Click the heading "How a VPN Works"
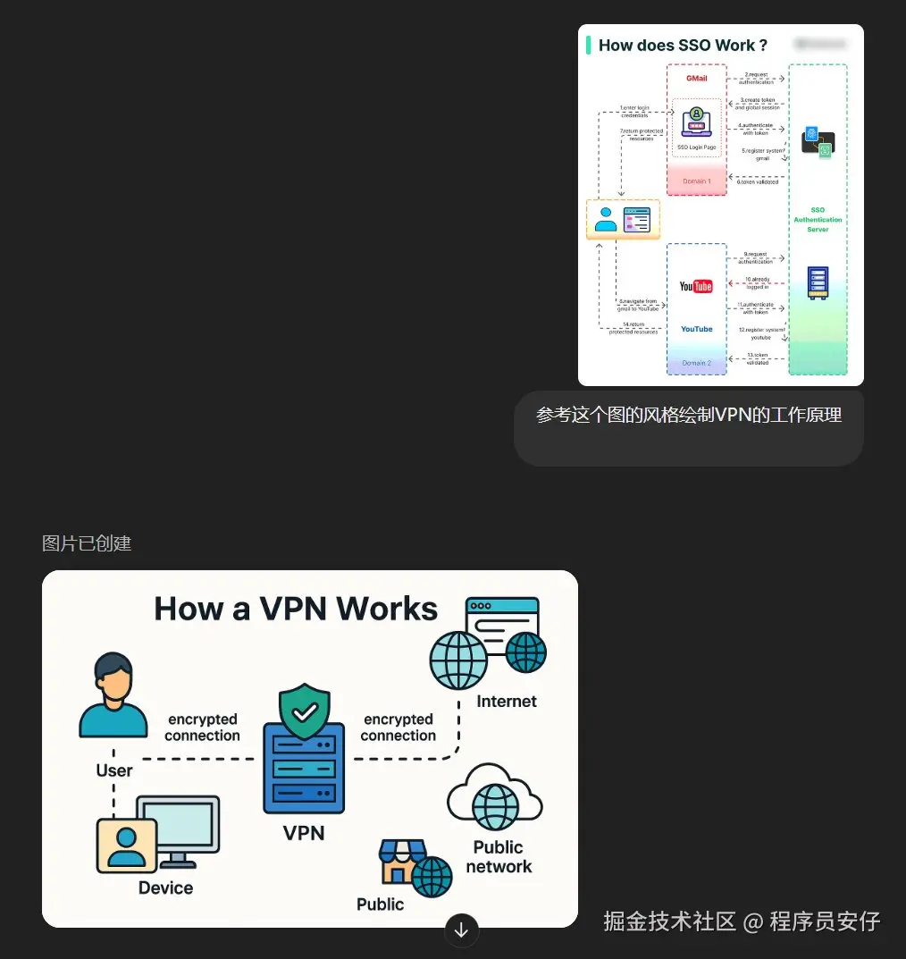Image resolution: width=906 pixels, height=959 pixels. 296,609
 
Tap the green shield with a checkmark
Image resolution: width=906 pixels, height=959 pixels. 305,711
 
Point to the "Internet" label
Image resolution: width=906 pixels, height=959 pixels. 507,702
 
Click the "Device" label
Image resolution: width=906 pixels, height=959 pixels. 165,887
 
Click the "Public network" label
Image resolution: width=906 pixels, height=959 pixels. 499,856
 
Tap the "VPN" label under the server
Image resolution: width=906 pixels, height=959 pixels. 304,833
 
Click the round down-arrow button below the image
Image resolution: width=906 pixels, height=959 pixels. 461,930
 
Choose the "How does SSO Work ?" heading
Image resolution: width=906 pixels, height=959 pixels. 683,45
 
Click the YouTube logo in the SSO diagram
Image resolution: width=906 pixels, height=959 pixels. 696,286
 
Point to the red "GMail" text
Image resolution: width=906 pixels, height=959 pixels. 696,79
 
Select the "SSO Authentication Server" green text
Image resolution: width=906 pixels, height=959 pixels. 818,220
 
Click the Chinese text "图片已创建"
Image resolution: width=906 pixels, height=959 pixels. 87,543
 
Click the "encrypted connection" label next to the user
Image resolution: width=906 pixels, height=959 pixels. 202,728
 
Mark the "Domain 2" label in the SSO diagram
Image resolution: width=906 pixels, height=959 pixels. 696,363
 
